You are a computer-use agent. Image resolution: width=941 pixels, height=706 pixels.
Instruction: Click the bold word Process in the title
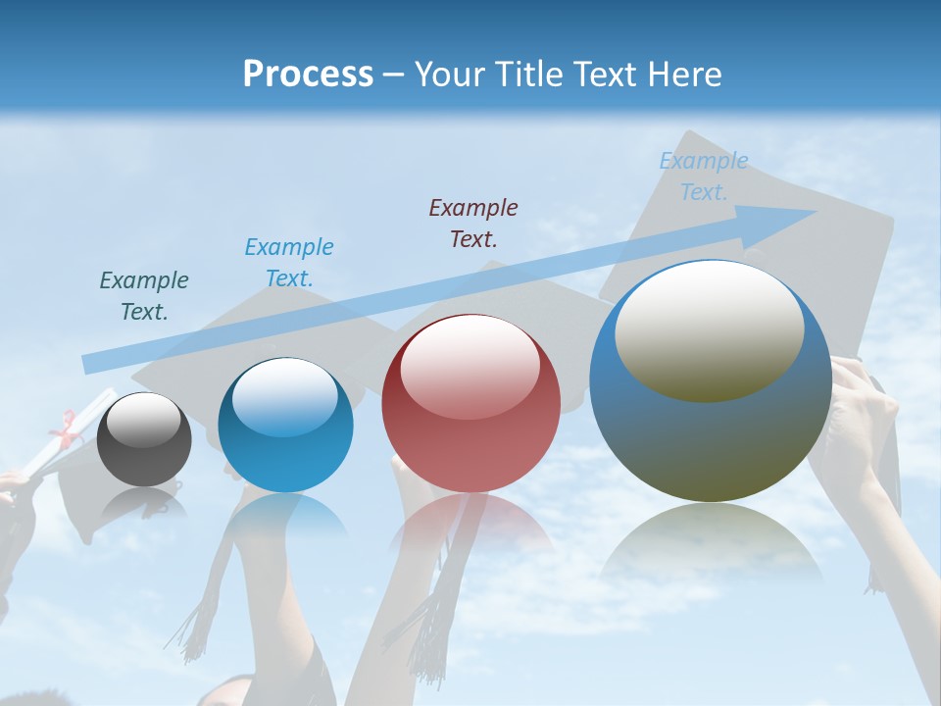[x=308, y=75]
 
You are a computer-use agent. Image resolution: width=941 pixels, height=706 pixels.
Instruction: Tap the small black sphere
[x=144, y=440]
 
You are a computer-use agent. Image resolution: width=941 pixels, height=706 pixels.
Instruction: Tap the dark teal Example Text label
[x=144, y=295]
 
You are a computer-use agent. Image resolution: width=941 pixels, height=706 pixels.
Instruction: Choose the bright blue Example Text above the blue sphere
[x=289, y=262]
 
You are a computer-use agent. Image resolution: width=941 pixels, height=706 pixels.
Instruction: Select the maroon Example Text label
[x=473, y=223]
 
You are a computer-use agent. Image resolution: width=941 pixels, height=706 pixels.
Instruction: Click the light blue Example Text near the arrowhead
[x=704, y=176]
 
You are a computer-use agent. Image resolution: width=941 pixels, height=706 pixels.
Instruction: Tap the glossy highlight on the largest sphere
[x=709, y=329]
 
